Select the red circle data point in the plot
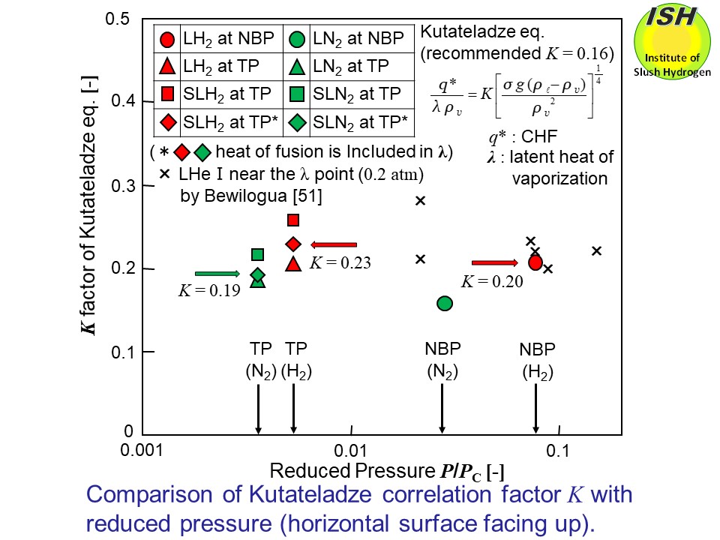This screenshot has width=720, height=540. coord(535,262)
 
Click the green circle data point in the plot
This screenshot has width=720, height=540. coord(444,303)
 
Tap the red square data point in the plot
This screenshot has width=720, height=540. coord(293,220)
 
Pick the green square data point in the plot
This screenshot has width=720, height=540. coord(257,255)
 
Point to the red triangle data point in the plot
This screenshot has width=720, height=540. coord(293,263)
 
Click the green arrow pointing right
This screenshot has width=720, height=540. coord(217,274)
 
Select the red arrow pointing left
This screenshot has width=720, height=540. coord(333,244)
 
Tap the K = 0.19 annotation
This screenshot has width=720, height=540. coord(208,292)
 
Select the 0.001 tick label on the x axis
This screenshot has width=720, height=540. coord(142,451)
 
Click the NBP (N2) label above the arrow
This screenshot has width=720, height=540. coord(442,359)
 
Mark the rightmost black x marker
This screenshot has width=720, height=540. coord(597,250)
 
